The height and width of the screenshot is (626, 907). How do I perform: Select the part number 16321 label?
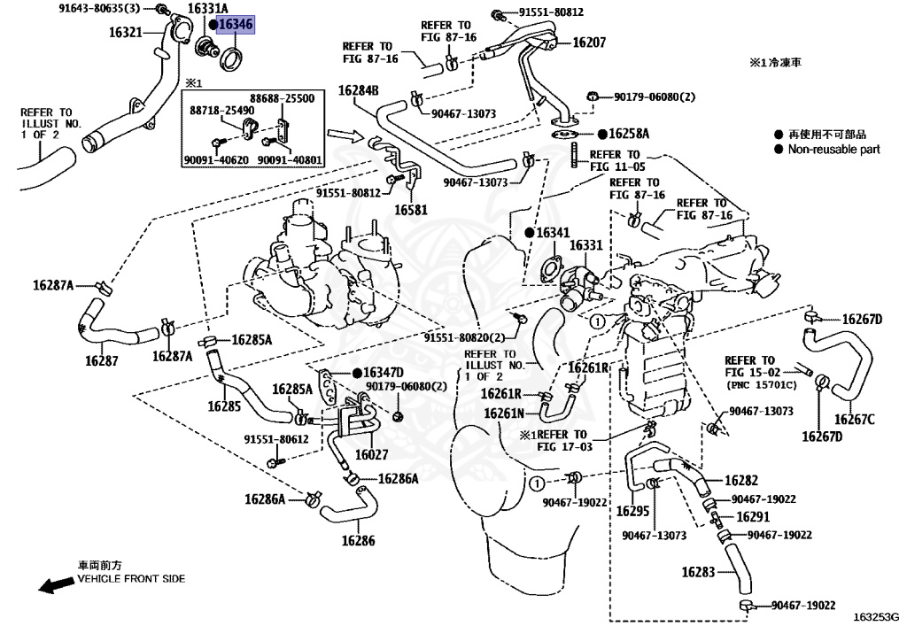tap(126, 32)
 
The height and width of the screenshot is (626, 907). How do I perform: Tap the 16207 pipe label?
tap(589, 42)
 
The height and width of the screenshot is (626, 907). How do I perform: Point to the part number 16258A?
tap(629, 135)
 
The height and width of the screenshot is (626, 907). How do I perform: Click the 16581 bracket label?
tap(411, 211)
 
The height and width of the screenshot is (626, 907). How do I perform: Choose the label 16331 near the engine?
tap(585, 245)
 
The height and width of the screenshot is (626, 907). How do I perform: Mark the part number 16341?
tap(552, 233)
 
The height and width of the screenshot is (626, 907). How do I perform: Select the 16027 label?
tap(371, 454)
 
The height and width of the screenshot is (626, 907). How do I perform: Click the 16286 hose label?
tap(359, 540)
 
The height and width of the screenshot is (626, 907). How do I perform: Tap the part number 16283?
tap(698, 572)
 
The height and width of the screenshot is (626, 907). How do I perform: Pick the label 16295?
tap(633, 511)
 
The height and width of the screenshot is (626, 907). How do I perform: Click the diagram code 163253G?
tap(876, 616)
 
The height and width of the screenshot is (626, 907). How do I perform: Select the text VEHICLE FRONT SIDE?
tap(131, 578)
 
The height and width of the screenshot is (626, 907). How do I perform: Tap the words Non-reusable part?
tap(833, 150)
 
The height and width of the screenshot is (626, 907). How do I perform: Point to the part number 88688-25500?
tap(282, 98)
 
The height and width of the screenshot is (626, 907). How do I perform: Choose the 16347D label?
tap(383, 372)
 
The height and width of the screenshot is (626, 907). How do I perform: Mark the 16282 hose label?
tap(741, 481)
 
